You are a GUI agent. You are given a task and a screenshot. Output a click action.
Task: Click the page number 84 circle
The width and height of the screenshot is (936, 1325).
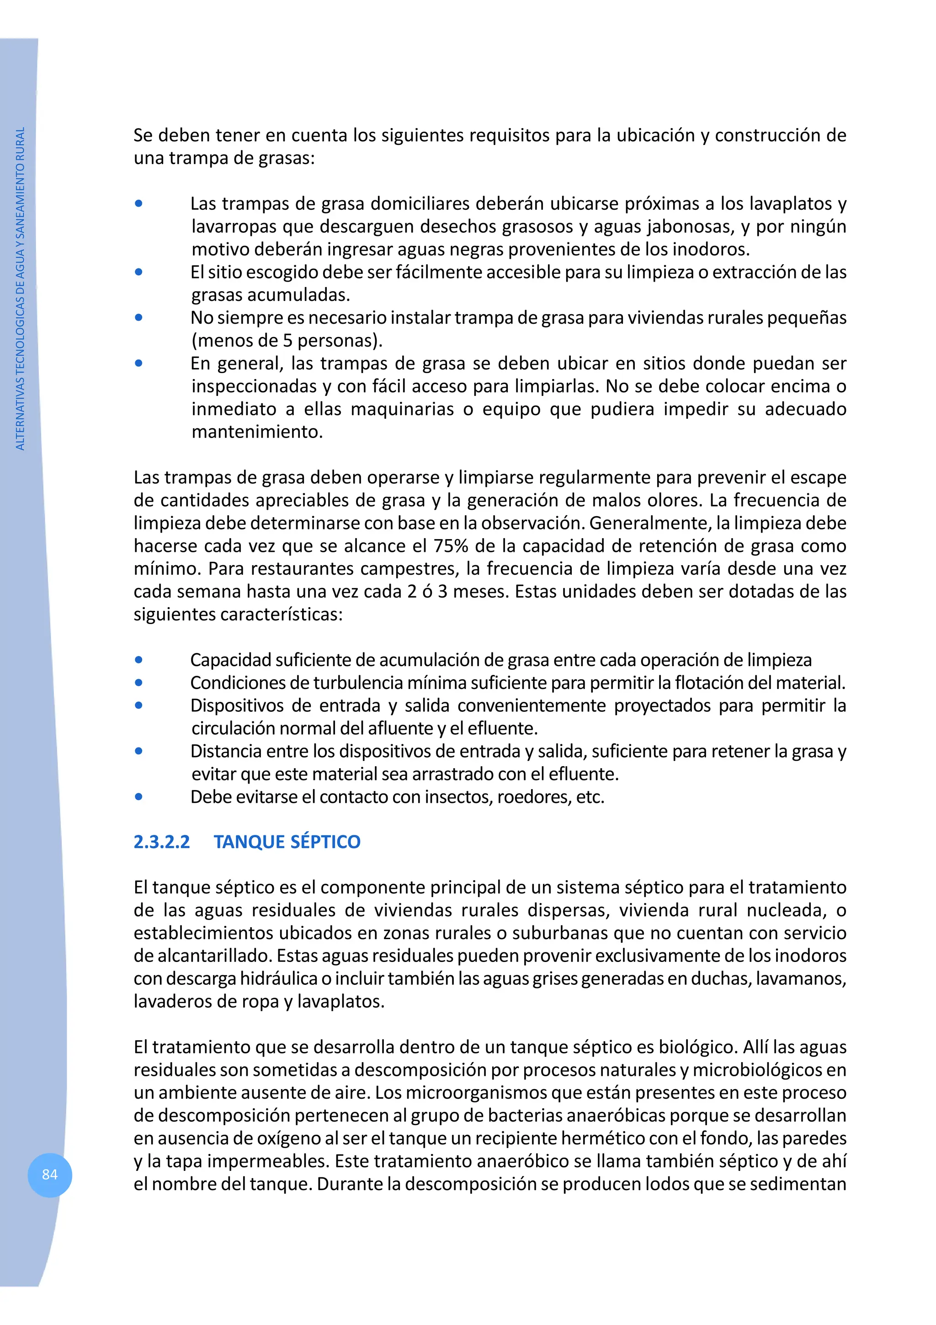[50, 1175]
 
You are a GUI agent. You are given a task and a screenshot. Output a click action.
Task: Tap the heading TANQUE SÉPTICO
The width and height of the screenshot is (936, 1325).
[287, 842]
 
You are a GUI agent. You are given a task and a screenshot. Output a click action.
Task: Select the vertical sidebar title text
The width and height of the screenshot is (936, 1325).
[20, 289]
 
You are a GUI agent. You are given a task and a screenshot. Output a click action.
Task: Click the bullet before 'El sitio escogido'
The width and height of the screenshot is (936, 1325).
[138, 272]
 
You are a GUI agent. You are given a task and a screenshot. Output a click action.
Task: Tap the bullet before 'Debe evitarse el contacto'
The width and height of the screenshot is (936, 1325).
[138, 796]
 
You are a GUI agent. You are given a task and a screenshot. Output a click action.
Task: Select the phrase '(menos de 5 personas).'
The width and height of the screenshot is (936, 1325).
[287, 341]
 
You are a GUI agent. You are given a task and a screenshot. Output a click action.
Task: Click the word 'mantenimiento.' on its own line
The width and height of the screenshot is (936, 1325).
[257, 432]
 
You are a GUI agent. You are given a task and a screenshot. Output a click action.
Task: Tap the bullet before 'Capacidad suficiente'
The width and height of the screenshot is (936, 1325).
[138, 660]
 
